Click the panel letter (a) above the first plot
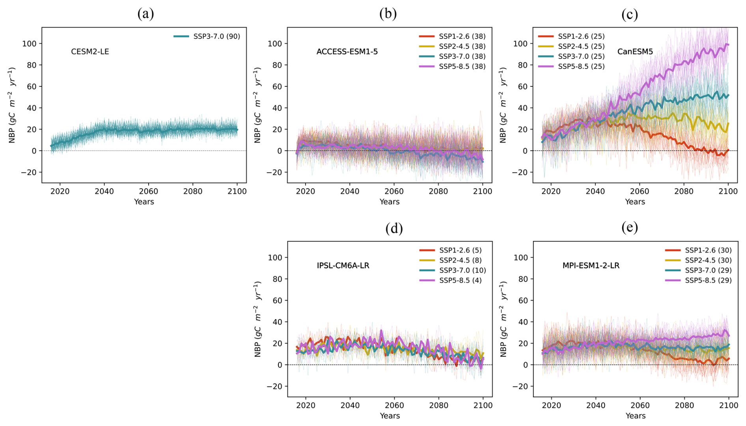[145, 14]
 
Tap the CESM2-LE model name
[90, 52]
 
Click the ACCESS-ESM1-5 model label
[347, 52]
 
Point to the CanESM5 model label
[635, 52]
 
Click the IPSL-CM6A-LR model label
[343, 265]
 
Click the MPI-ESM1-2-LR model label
[591, 265]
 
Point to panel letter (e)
[629, 228]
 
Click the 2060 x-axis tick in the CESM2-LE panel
[148, 192]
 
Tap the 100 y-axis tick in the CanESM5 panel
[521, 43]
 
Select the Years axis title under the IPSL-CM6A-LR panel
[390, 416]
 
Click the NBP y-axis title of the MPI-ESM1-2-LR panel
[504, 319]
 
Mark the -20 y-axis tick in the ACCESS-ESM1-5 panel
[274, 172]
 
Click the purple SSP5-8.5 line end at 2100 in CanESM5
[728, 45]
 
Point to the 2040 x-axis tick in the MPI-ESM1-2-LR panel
[596, 405]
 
